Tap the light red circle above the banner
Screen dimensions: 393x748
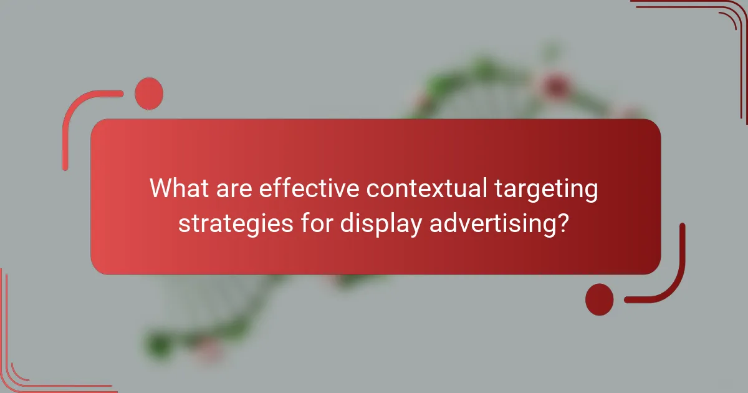pos(149,93)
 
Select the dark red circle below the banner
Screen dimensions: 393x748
pos(599,299)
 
